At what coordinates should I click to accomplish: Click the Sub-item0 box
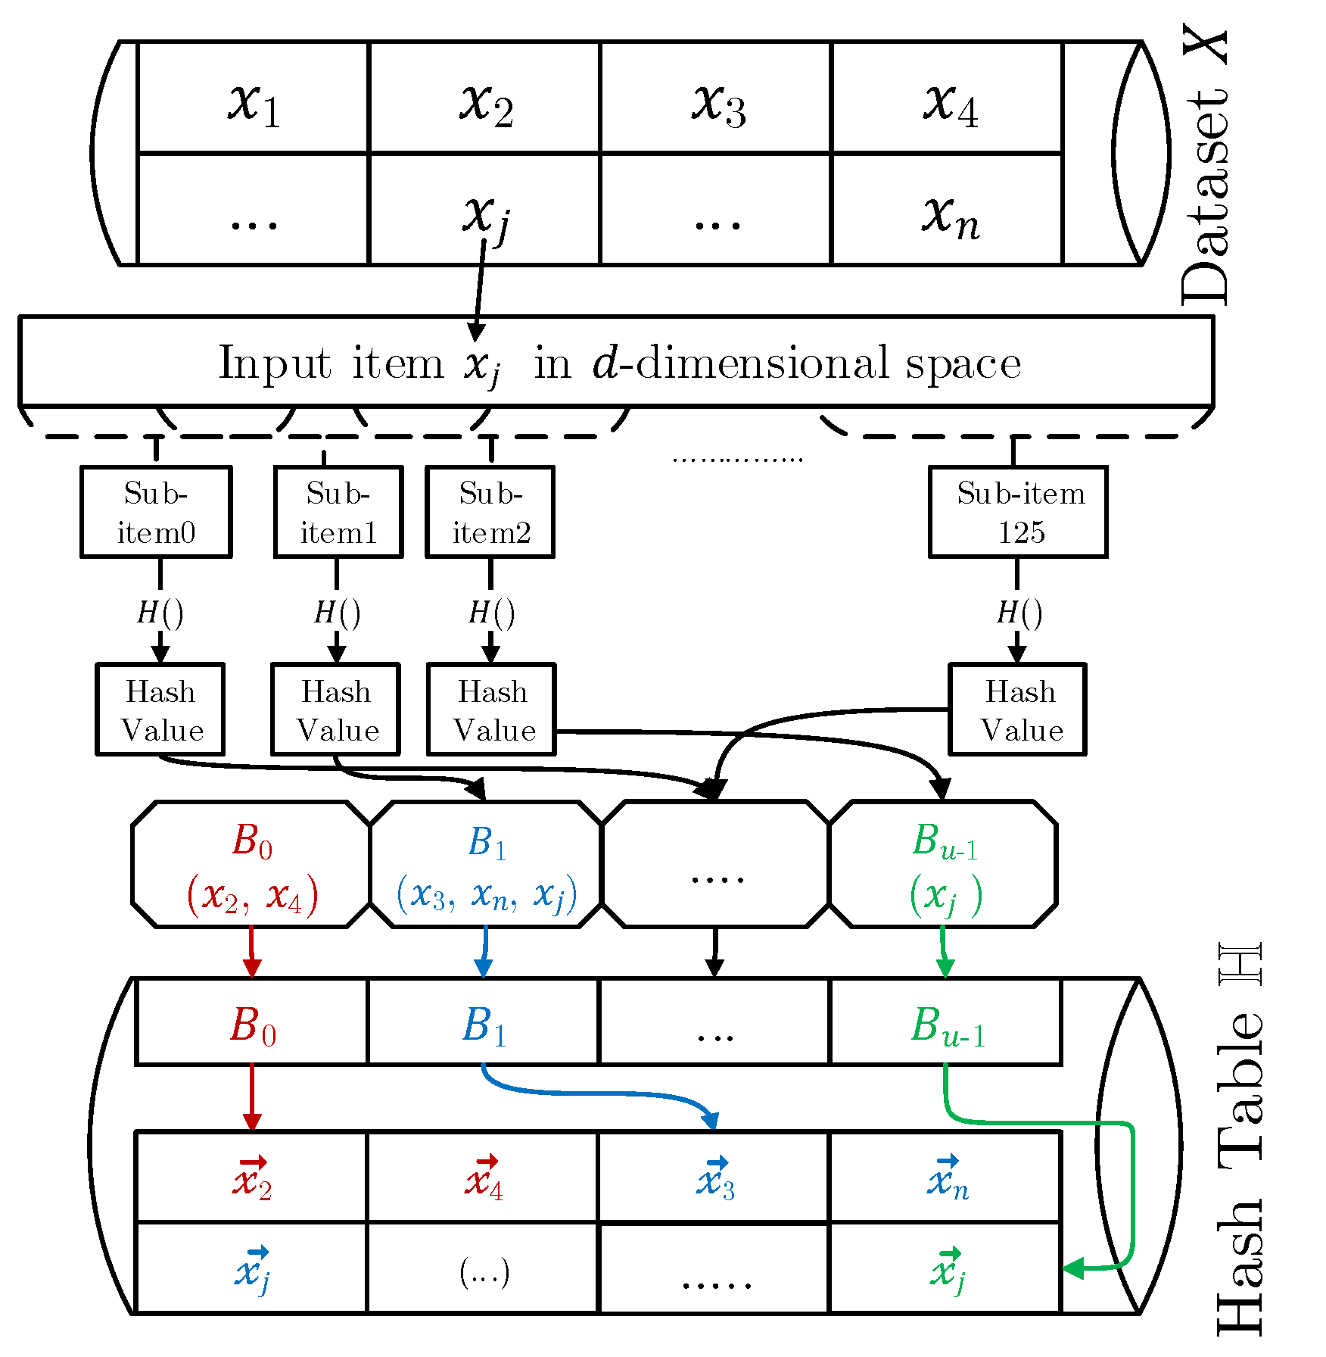156,512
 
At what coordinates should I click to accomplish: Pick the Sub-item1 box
338,512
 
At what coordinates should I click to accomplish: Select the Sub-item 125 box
1018,512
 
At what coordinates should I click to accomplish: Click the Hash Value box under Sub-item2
491,710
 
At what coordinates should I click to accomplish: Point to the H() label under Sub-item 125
1019,612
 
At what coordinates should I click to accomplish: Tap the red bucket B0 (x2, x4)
251,864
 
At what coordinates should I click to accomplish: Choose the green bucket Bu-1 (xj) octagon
944,864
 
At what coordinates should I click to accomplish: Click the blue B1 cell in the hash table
483,1022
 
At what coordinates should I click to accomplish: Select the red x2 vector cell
251,1178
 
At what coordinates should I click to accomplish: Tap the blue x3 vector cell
714,1178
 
